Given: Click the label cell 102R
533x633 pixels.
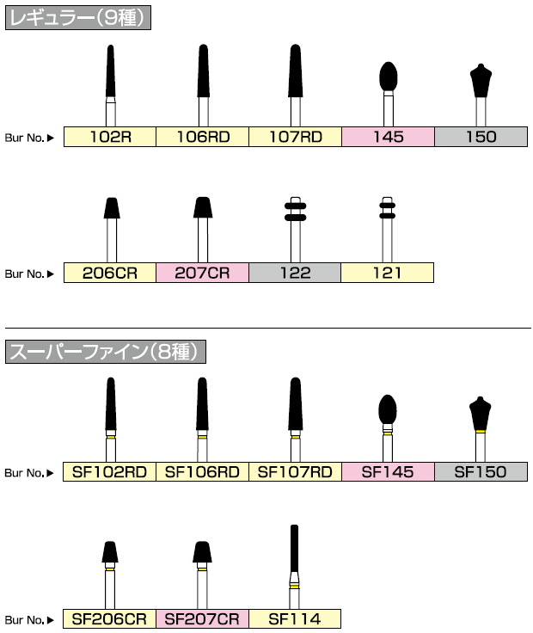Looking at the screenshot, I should [110, 136].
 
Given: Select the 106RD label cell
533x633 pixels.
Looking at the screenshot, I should [203, 136].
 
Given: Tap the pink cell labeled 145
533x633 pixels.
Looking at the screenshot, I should [389, 136].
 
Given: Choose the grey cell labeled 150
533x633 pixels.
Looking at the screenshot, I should [481, 136].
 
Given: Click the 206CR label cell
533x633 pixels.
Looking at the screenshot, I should [110, 273].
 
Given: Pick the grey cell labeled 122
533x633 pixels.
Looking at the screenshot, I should [296, 273].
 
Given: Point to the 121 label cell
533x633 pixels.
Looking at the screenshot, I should [387, 273].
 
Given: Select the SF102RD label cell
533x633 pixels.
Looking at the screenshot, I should [110, 471].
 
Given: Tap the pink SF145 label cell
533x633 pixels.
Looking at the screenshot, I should [389, 471].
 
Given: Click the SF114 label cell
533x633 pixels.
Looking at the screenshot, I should [295, 618].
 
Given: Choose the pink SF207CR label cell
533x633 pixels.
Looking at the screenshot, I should [203, 618].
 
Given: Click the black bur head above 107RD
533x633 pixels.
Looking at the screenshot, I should [296, 72].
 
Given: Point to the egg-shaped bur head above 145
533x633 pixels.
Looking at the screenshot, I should [389, 77].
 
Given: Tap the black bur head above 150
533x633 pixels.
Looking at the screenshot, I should [481, 81].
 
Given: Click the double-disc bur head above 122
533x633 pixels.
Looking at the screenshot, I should [296, 211].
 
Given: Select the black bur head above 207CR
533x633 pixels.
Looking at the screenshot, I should [203, 207].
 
